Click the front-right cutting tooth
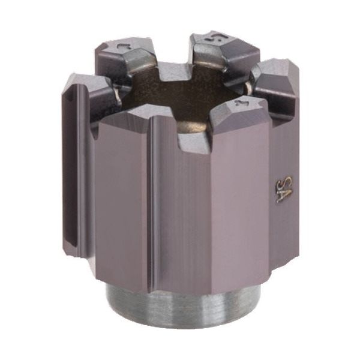pyautogui.click(x=240, y=117)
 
